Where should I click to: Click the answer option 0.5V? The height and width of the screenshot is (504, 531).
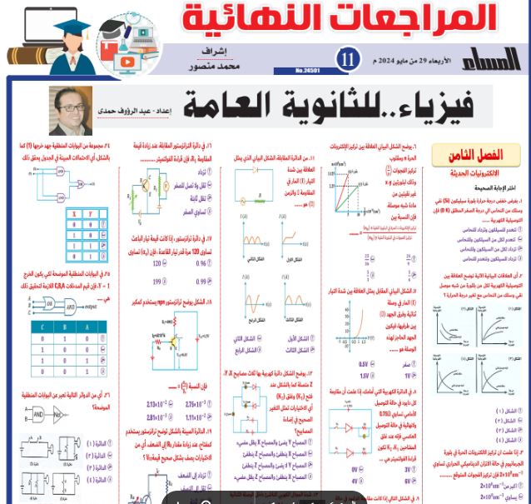[363, 364]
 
